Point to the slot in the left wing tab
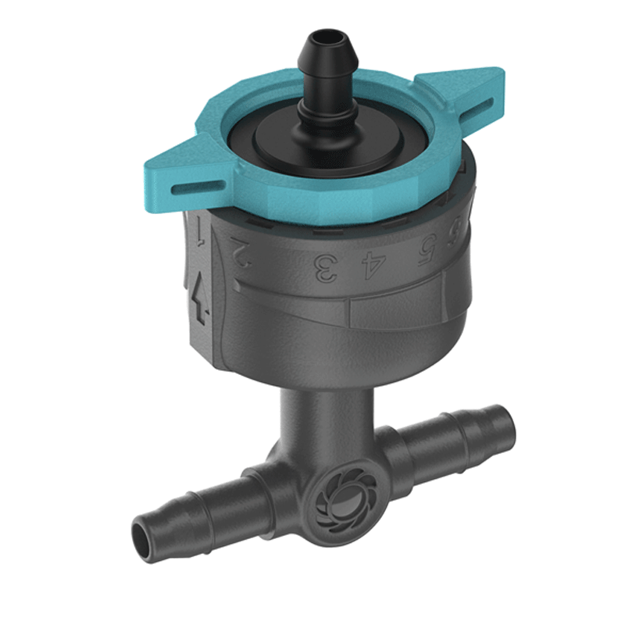(181, 185)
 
